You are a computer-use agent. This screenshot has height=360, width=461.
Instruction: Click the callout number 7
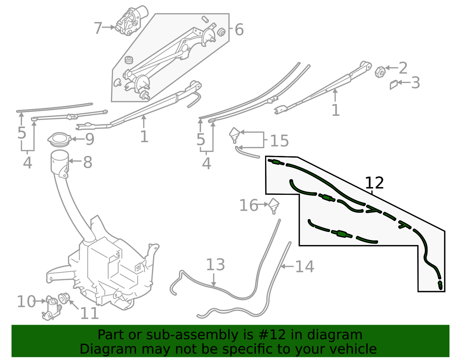(98, 28)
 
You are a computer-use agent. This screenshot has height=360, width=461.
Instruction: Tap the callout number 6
(239, 30)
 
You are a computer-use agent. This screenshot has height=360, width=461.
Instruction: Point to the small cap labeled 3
(394, 85)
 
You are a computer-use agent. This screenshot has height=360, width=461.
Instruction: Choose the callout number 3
(416, 83)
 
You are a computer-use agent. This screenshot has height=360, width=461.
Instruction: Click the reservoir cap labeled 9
(59, 139)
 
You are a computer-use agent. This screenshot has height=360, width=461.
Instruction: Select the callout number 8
(88, 162)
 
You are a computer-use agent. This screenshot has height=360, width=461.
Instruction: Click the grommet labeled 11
(64, 298)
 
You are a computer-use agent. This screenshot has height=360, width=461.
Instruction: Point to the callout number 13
(216, 265)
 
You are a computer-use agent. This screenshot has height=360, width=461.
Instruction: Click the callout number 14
(305, 267)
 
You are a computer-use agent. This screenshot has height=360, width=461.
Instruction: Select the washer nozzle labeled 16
(274, 206)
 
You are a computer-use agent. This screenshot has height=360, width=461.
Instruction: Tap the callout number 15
(280, 141)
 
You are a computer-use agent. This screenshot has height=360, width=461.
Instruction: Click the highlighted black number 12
(375, 183)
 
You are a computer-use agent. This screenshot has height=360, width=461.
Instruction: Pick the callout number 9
(90, 139)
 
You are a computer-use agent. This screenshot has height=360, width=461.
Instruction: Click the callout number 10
(26, 302)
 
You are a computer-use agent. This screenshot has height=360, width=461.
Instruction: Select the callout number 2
(403, 68)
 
